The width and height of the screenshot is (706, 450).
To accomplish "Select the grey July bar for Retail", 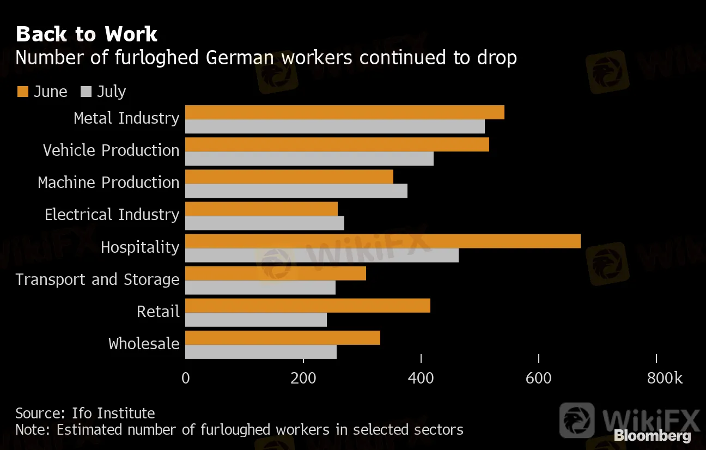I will coord(256,320).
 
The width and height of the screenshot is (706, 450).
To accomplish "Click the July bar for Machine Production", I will coord(296,191).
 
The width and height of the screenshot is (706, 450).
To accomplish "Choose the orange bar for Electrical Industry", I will coord(261,209).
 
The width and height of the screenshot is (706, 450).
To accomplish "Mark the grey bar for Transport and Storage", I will coord(260,288).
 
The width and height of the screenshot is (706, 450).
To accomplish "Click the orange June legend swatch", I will coord(22,92).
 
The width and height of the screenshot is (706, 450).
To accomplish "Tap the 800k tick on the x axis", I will coord(664,378).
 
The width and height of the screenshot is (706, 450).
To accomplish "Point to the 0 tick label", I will coord(186,378).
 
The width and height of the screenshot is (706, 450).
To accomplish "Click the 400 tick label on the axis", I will coord(421,378).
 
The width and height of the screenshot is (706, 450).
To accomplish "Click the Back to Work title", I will coord(87,34).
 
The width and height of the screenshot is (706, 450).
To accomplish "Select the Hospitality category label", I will coord(140,247).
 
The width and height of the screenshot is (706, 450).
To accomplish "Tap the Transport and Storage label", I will coord(98,279).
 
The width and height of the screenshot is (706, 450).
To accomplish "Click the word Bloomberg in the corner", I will coord(652,436).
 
